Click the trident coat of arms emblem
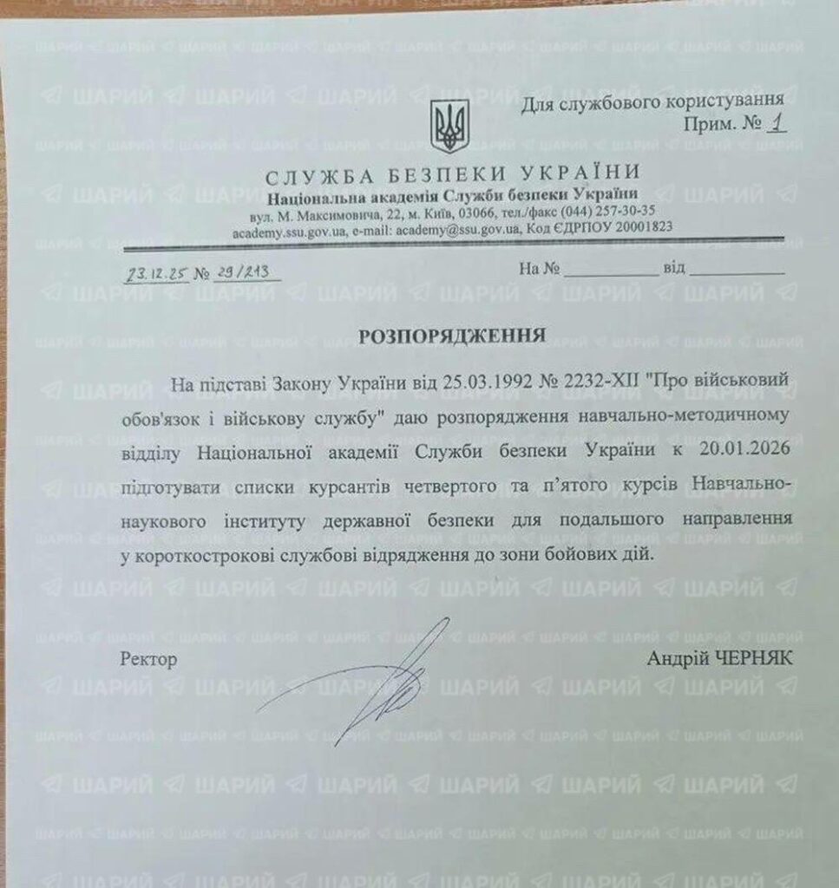[449, 127]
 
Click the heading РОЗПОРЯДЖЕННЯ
[453, 336]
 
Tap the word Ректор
[149, 660]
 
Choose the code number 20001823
[639, 230]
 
